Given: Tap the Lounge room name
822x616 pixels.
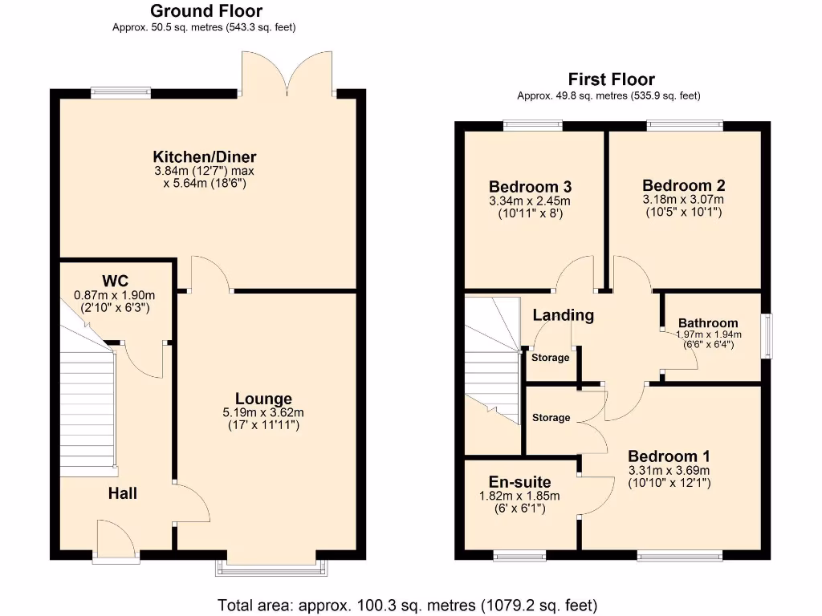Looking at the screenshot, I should tap(263, 399).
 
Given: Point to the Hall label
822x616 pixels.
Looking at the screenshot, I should tap(122, 493).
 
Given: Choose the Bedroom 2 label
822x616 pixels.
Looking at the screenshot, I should tap(683, 185).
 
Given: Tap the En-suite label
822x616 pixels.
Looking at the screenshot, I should tap(520, 482).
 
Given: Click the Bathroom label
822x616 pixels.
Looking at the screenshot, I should tap(707, 322).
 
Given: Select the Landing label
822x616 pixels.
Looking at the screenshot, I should tap(564, 315).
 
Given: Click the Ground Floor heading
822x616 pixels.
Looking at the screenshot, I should tap(205, 11).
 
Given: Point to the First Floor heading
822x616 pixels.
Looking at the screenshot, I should tap(611, 79).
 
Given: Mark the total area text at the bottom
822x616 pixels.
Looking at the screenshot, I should tap(407, 605).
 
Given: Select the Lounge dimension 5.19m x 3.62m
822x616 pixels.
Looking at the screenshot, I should tap(263, 412).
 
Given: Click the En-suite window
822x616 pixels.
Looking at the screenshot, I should tap(519, 555).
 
